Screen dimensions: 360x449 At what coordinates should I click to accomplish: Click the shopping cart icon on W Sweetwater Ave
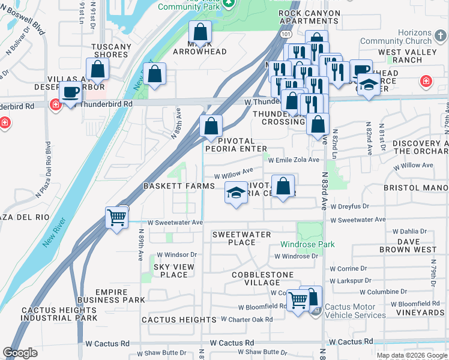click(116, 217)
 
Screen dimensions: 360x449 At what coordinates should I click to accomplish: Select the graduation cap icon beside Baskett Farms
click(236, 193)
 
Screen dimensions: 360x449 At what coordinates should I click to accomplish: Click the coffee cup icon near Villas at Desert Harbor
click(71, 93)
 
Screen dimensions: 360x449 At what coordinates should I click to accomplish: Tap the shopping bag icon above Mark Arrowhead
click(200, 31)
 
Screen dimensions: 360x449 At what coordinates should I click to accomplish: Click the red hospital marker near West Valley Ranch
click(426, 80)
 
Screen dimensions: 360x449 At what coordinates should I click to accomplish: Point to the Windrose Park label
click(307, 245)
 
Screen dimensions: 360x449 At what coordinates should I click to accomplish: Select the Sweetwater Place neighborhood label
click(241, 238)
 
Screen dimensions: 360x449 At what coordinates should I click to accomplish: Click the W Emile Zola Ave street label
click(294, 160)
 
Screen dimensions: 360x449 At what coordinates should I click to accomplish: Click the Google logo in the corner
click(20, 353)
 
